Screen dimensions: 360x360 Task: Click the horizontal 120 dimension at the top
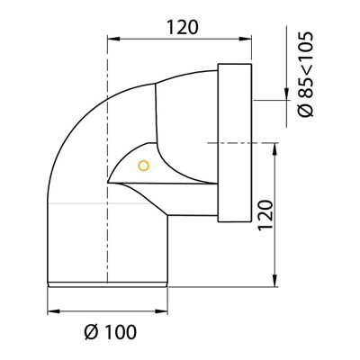click(183, 27)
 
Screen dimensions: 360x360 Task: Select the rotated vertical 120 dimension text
click(265, 215)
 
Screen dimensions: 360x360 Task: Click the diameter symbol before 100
click(92, 332)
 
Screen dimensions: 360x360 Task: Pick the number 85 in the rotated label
click(306, 87)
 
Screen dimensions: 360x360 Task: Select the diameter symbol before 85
click(306, 109)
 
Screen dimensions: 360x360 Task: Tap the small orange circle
click(144, 166)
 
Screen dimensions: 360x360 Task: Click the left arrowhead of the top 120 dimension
click(113, 39)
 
